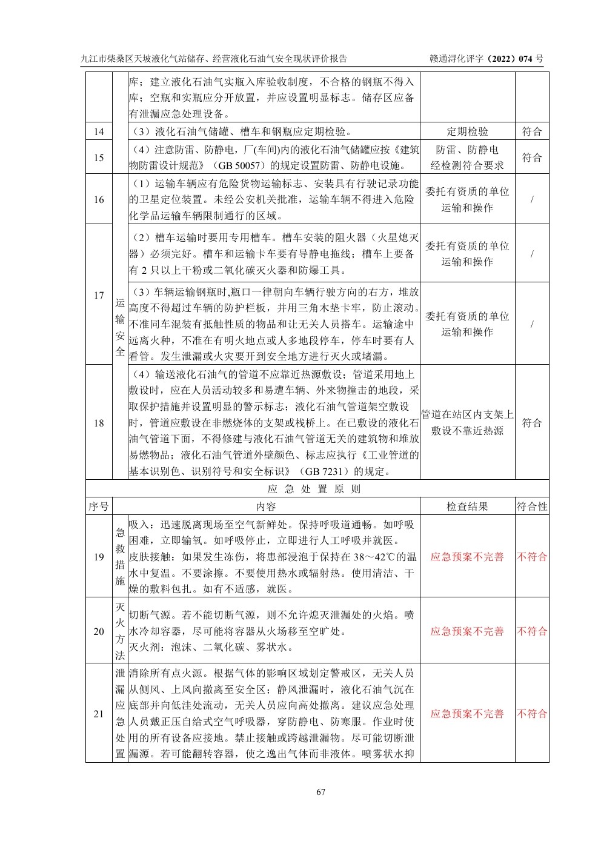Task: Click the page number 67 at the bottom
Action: (321, 792)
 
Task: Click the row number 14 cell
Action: (99, 131)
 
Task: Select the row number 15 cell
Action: (99, 158)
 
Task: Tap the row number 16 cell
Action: (99, 199)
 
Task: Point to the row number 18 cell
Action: (99, 423)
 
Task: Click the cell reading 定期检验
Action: (467, 131)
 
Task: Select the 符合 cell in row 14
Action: (532, 131)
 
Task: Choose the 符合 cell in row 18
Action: (532, 423)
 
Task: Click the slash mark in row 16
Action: (532, 199)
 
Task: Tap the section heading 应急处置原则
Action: (314, 489)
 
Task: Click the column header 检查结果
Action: (467, 506)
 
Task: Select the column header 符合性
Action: (532, 506)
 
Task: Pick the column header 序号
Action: (99, 506)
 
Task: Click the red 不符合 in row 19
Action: (532, 557)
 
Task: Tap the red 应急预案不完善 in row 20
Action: (467, 631)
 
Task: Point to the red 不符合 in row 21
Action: (532, 714)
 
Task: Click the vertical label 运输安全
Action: (120, 327)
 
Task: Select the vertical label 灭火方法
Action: (120, 631)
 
